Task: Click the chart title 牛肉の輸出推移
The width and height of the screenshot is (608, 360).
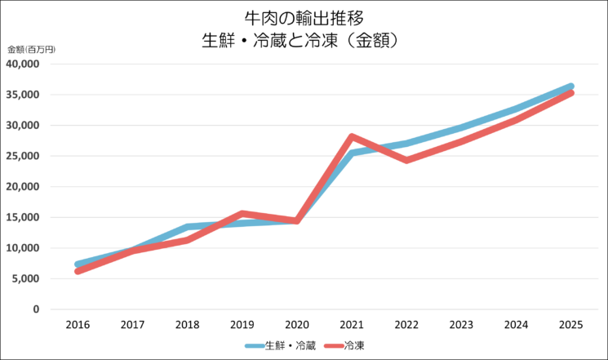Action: coord(304,17)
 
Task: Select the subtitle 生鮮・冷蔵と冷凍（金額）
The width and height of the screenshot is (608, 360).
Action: coord(304,39)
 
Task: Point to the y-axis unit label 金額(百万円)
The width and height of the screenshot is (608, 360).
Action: coord(31,51)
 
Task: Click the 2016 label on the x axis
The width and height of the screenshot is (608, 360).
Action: coord(78,325)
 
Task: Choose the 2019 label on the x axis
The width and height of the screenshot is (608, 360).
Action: coord(242,325)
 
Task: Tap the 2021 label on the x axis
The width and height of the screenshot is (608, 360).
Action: coord(352,325)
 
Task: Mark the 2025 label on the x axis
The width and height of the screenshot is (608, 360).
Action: coord(570,325)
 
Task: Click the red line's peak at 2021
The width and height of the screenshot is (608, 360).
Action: coord(352,136)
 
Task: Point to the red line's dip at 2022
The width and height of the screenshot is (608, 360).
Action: coord(406,160)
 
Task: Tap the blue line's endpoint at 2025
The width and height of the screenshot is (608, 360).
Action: coord(570,86)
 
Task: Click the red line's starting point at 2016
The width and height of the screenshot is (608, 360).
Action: coord(78,270)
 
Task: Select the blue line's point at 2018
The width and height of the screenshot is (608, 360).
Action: coord(188,227)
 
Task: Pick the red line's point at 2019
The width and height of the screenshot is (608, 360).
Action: coord(242,214)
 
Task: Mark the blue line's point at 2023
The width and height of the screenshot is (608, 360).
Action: coord(461,128)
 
